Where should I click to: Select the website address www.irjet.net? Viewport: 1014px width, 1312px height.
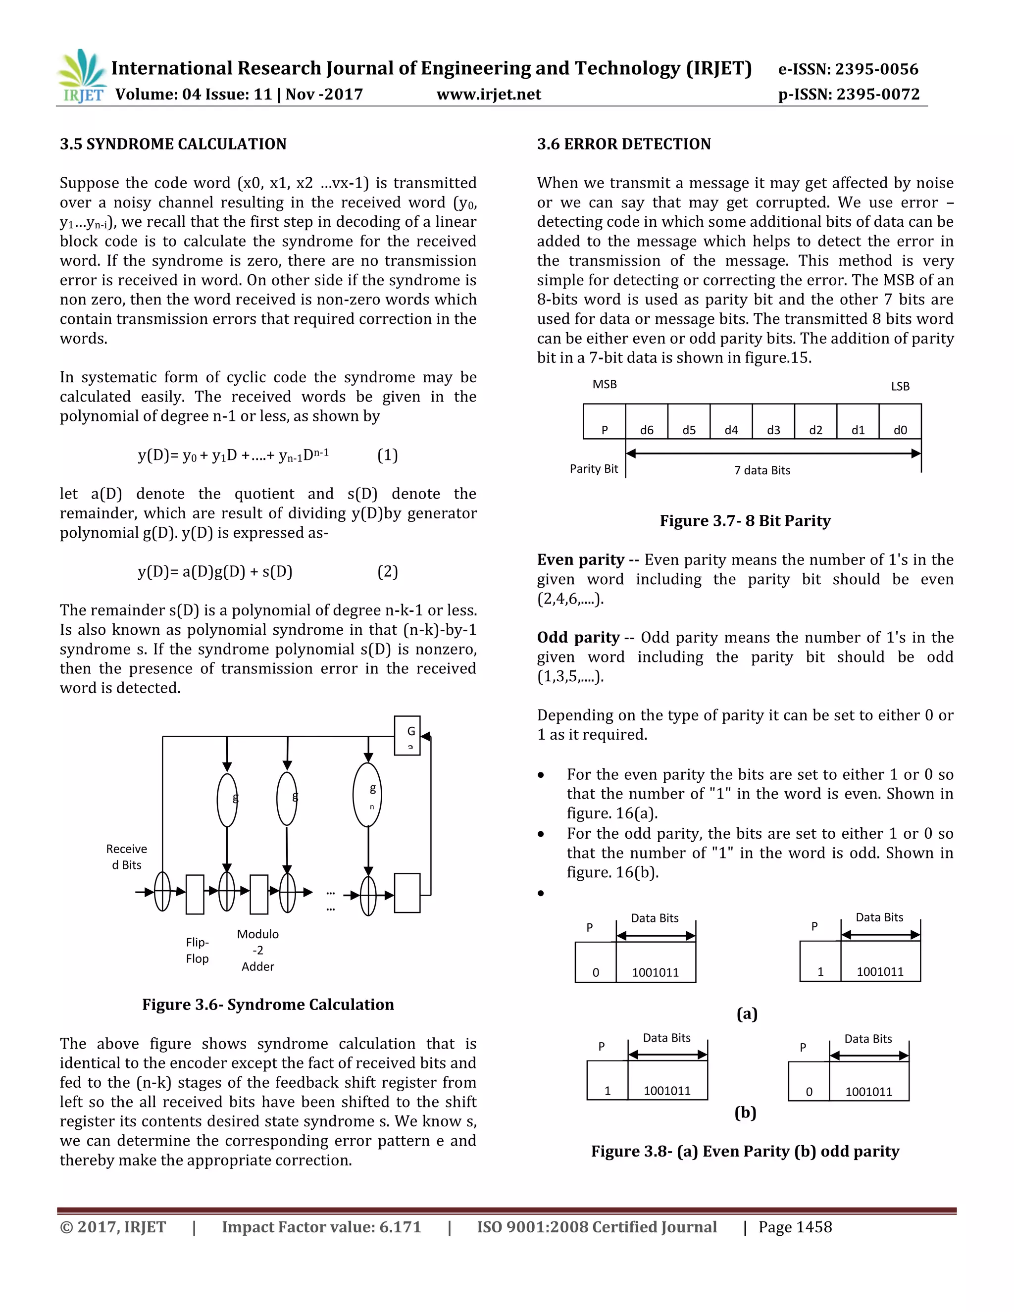pos(488,94)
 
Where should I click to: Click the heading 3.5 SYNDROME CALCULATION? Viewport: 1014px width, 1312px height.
pos(173,144)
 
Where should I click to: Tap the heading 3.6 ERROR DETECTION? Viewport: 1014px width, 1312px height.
pos(623,144)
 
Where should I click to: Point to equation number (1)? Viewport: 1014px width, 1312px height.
pos(388,455)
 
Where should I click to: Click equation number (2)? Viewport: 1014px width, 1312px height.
pos(388,571)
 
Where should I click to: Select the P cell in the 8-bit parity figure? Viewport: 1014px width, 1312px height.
pos(605,422)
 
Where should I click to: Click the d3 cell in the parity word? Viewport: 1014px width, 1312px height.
pos(773,422)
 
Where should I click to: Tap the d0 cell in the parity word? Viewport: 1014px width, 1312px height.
pos(900,422)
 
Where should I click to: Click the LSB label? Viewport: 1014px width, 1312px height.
pos(900,386)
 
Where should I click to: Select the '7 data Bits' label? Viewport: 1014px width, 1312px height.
pos(761,470)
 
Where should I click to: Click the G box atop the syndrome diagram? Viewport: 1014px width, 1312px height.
pos(407,735)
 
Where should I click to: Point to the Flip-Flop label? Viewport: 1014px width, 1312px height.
pos(197,951)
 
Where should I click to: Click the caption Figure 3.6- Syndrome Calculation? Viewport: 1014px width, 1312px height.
pos(268,1005)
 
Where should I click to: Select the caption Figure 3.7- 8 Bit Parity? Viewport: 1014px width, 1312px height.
pos(745,521)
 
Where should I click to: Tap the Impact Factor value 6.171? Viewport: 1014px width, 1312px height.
pos(400,1227)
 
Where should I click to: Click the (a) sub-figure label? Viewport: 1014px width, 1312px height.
pos(747,1013)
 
